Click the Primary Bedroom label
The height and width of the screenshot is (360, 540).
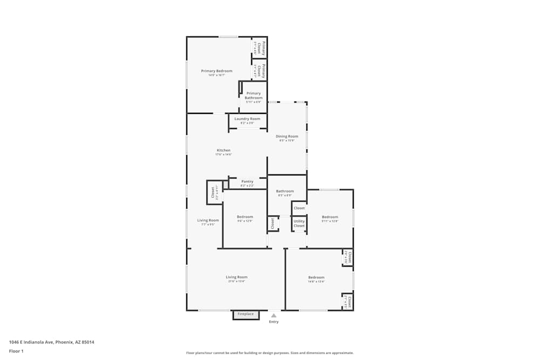click(217, 71)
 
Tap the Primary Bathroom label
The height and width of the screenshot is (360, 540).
click(253, 96)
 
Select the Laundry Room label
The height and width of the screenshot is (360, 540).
click(247, 119)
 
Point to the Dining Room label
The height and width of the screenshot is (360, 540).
click(287, 137)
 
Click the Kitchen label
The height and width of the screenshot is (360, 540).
click(224, 150)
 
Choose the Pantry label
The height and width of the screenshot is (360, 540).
click(247, 181)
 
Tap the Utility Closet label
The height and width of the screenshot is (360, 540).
click(299, 223)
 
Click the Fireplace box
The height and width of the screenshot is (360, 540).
click(246, 314)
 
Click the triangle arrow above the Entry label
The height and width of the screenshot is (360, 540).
click(274, 315)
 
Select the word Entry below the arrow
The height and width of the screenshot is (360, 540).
click(274, 322)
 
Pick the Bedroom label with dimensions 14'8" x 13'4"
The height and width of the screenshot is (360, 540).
click(316, 277)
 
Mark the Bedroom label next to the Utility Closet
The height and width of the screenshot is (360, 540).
click(329, 217)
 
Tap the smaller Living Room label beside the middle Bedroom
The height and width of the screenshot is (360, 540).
click(208, 220)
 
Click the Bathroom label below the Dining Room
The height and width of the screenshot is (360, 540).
click(285, 191)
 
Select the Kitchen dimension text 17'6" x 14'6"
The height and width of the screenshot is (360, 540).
click(224, 155)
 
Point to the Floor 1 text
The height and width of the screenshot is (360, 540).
click(16, 351)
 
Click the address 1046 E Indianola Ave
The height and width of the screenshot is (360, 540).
click(48, 342)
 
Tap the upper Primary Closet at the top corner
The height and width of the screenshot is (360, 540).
click(259, 47)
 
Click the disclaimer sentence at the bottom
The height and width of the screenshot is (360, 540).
click(270, 352)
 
